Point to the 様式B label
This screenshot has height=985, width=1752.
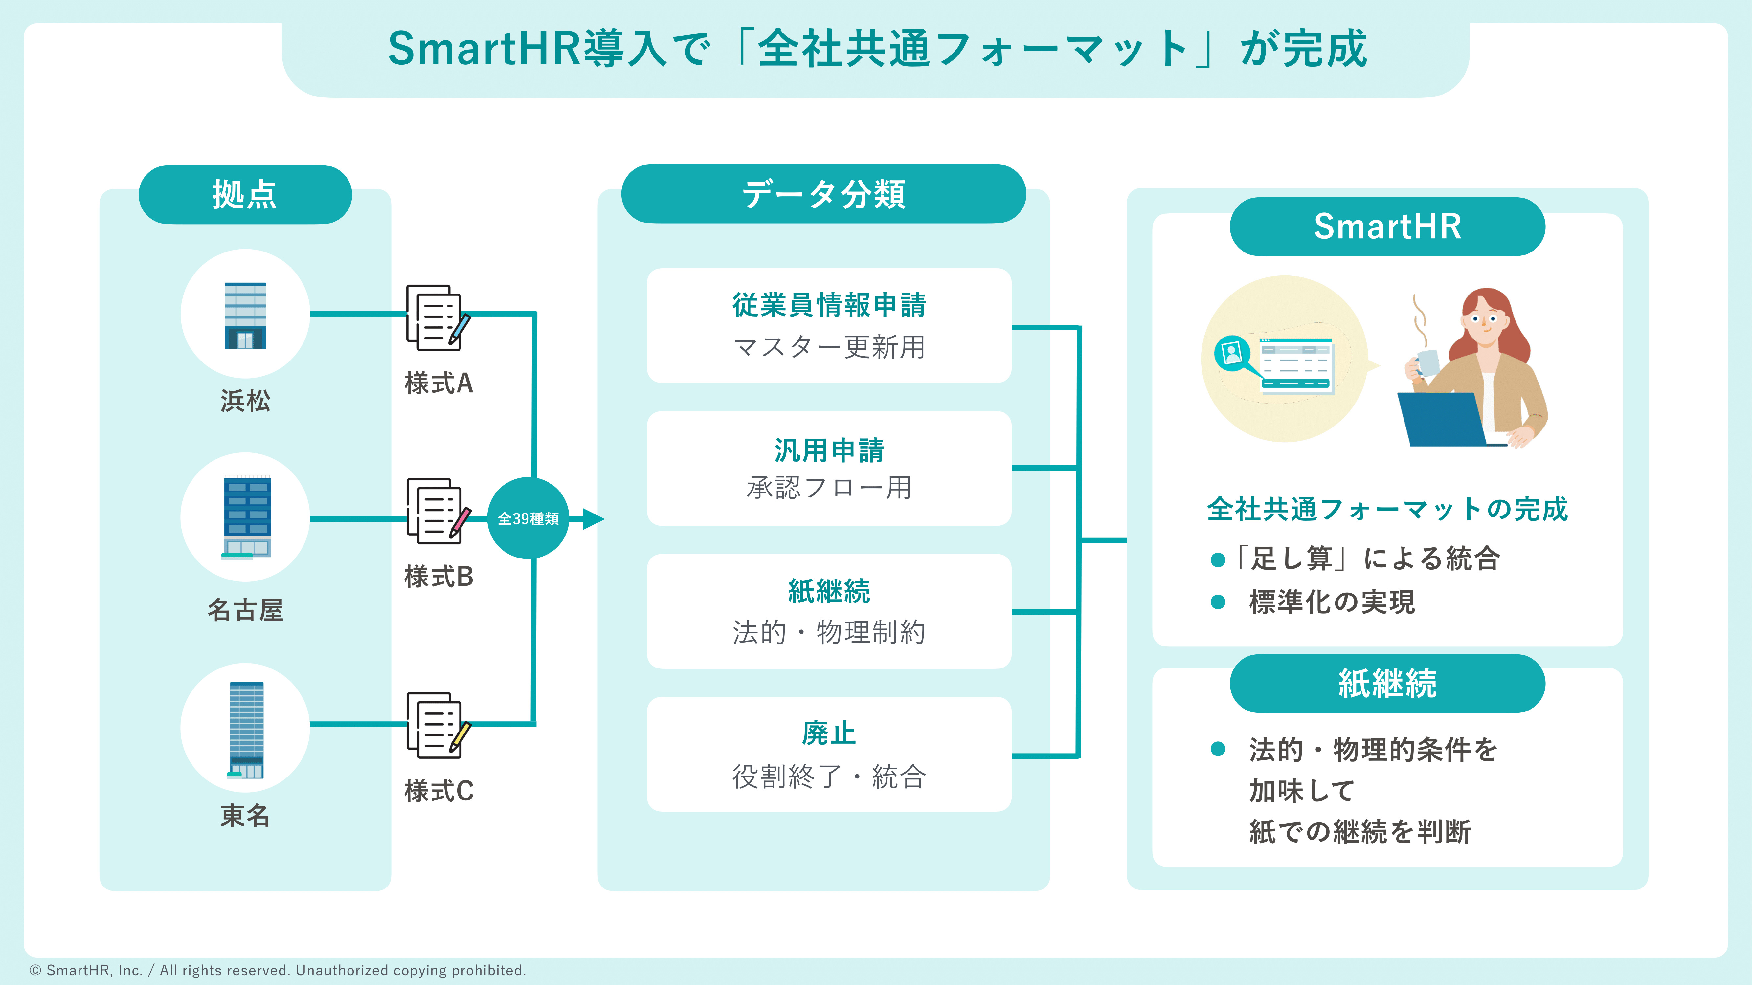[439, 577]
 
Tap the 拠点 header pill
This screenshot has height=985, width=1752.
[245, 194]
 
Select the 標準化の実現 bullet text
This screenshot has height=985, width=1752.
[1332, 602]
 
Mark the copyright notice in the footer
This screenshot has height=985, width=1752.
[278, 970]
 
